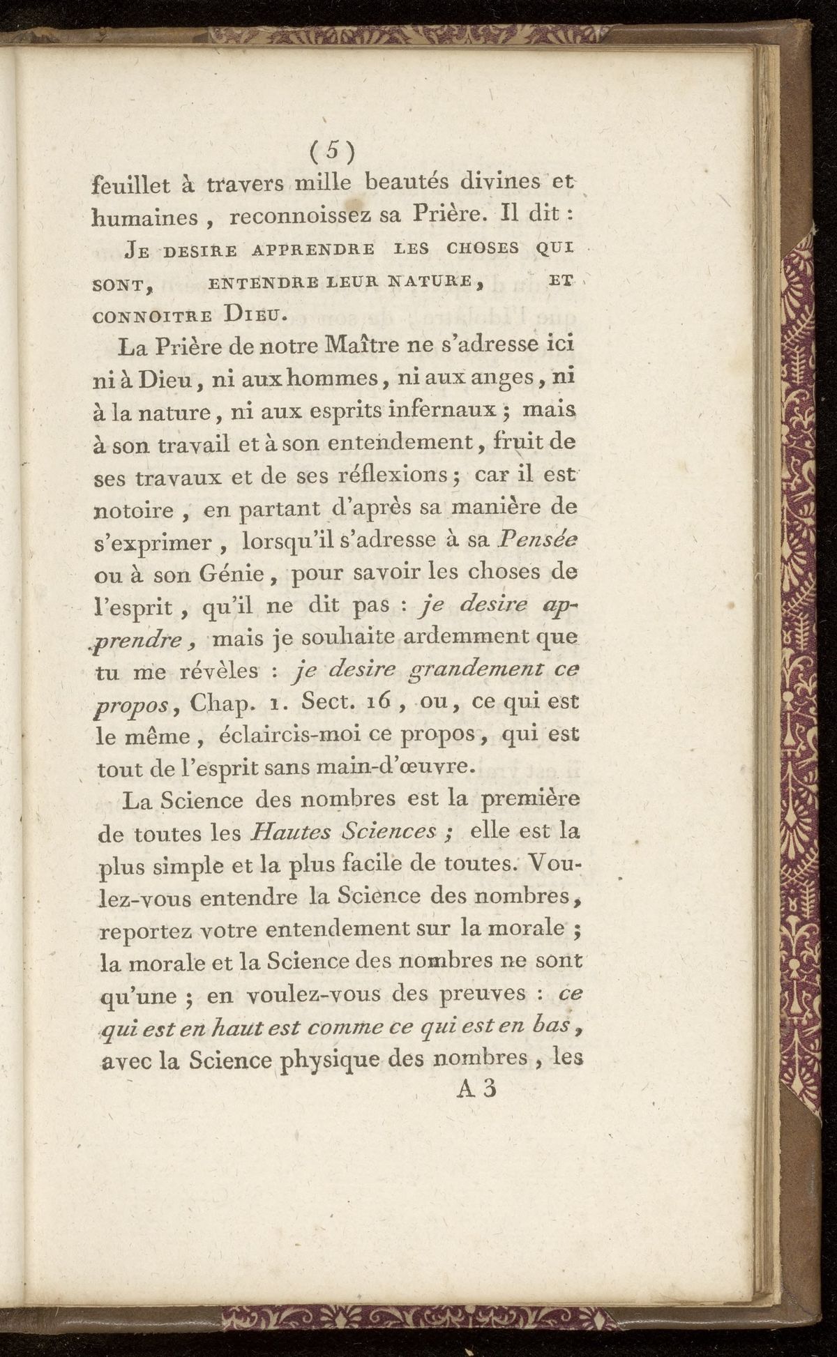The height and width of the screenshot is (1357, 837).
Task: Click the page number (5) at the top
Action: [x=333, y=149]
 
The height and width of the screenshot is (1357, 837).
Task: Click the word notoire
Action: [x=134, y=510]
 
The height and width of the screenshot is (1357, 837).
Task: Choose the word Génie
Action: [x=234, y=575]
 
